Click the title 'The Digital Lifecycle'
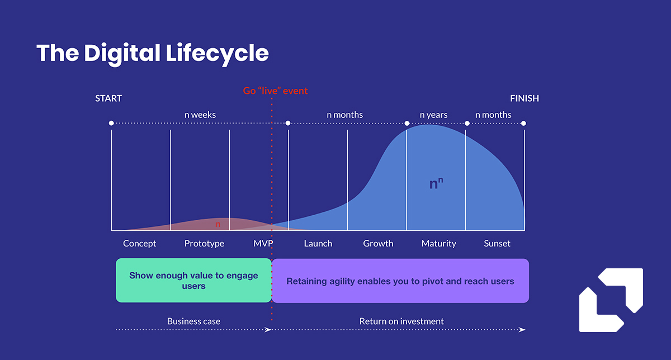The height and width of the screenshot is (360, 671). (x=153, y=53)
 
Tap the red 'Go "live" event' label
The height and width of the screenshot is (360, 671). (x=275, y=91)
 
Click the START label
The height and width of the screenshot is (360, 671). (x=108, y=98)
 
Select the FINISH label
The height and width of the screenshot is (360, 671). (x=524, y=98)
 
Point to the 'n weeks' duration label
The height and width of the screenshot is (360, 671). (x=200, y=115)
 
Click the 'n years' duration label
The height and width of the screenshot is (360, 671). (x=433, y=115)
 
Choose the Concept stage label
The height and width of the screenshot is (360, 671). (x=140, y=244)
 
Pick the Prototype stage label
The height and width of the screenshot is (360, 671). (x=204, y=244)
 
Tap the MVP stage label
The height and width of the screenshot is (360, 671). (x=263, y=244)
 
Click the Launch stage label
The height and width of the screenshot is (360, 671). (x=318, y=244)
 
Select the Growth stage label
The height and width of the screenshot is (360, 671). (x=378, y=244)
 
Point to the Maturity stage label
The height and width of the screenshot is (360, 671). (x=438, y=244)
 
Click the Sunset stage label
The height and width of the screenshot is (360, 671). (x=497, y=244)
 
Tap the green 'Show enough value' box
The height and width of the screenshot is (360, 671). (x=193, y=281)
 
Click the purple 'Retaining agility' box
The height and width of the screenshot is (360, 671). (x=400, y=281)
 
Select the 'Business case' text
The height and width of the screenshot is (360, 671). (x=193, y=321)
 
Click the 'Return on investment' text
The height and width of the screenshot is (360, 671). (x=401, y=321)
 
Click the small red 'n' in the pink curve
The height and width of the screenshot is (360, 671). (x=218, y=224)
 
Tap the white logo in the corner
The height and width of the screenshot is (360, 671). (x=611, y=300)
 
